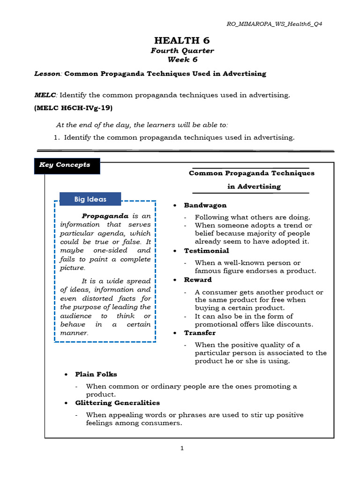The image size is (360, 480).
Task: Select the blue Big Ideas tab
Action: point(90,199)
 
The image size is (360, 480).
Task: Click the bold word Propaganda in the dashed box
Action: point(105,216)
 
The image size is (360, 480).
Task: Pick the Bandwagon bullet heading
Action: point(205,205)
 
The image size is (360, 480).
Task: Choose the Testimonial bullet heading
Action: point(206,251)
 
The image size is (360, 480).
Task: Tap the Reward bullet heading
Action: point(198,280)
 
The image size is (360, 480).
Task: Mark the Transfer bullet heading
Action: point(200,333)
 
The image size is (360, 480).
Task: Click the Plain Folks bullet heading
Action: point(96,375)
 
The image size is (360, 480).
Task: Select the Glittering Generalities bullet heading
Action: point(117,403)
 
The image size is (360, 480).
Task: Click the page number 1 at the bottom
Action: point(182,448)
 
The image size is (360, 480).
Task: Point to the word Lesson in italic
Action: point(48,74)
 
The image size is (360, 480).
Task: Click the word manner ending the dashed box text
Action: point(74,333)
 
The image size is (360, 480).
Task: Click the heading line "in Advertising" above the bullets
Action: point(254,187)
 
